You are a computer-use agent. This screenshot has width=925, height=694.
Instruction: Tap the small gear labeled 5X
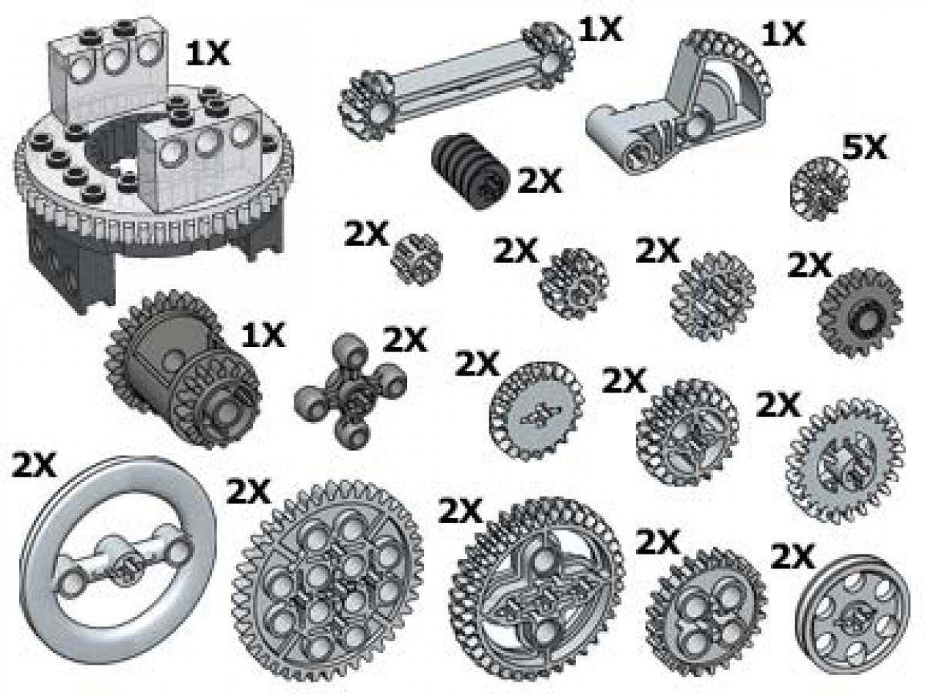click(820, 184)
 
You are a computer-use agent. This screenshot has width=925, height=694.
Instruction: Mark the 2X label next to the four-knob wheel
click(404, 339)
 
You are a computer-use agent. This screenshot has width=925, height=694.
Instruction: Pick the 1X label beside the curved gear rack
click(782, 35)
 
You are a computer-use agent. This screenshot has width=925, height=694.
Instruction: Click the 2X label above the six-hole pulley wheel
click(792, 555)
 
